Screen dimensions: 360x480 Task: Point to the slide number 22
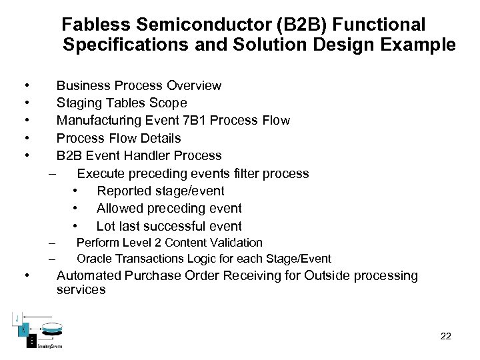(x=446, y=336)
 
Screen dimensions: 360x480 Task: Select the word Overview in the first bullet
(x=194, y=85)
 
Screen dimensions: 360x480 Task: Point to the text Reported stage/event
(x=161, y=191)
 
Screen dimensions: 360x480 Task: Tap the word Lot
(x=107, y=226)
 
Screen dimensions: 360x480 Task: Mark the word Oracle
(x=94, y=259)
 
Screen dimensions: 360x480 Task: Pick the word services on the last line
(x=81, y=290)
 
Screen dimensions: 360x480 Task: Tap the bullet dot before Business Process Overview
(x=25, y=86)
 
